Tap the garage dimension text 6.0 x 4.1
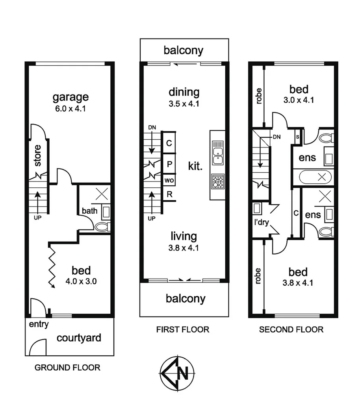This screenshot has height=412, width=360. [71, 108]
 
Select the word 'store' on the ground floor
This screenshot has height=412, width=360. [37, 155]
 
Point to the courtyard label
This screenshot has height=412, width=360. [79, 338]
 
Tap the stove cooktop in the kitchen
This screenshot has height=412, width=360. [217, 182]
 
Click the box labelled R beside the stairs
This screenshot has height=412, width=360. [169, 194]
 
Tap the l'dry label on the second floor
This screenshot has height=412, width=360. [261, 222]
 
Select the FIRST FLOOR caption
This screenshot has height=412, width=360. [182, 329]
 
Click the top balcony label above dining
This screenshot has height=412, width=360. [184, 50]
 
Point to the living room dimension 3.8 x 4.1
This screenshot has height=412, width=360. [184, 248]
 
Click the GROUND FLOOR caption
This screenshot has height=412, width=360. [67, 368]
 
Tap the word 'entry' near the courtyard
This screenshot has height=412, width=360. [39, 324]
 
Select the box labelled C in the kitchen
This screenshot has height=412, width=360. [169, 143]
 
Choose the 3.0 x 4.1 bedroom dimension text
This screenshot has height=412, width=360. [298, 100]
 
